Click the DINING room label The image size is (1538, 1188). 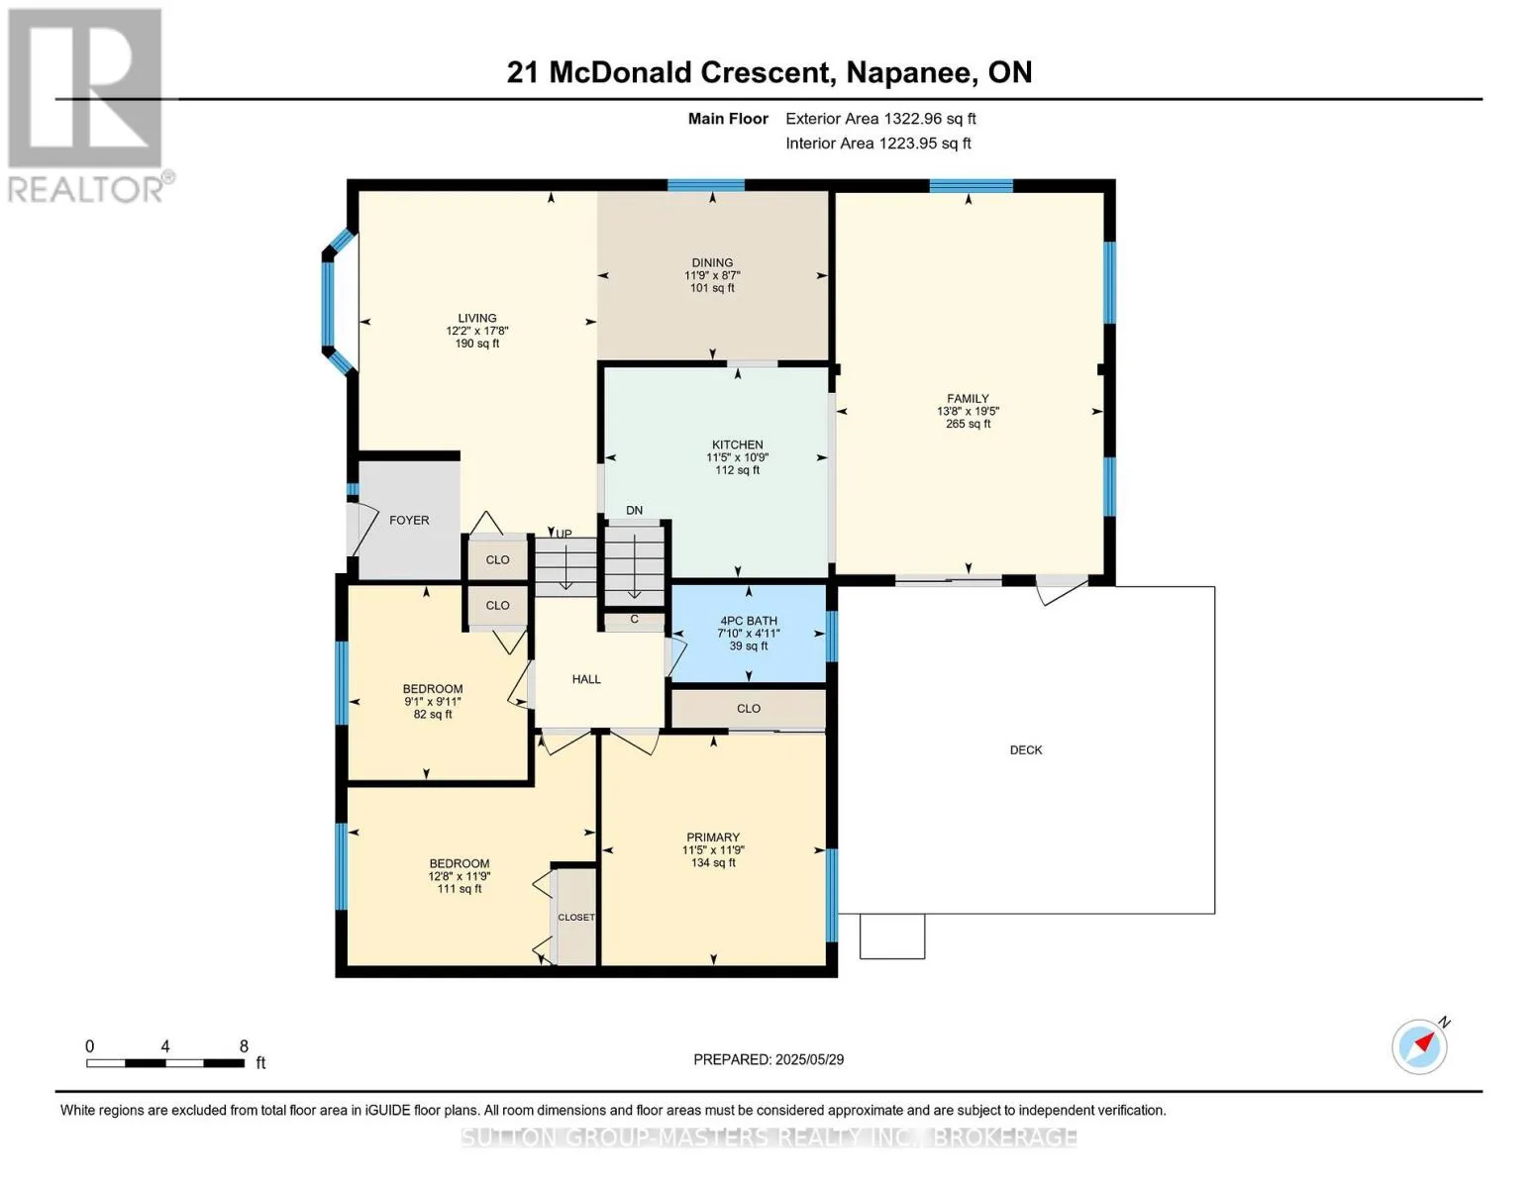[712, 262]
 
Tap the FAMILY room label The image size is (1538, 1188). [968, 398]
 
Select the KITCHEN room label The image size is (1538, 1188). [738, 445]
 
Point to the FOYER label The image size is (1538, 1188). [409, 520]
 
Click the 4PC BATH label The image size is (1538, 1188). [748, 621]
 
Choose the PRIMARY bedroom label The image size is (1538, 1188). [713, 838]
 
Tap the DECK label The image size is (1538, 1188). [1026, 750]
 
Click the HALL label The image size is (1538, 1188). [586, 679]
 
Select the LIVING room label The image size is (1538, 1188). [477, 319]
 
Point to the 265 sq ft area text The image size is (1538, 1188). [968, 424]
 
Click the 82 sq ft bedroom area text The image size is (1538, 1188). [433, 715]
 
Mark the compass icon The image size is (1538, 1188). [1420, 1047]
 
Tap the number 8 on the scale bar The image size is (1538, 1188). [244, 1045]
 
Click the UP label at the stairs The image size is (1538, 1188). [564, 534]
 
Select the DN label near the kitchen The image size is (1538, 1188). [634, 510]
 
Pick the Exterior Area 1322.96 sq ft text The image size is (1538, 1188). [880, 119]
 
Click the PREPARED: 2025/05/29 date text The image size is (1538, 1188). [769, 1059]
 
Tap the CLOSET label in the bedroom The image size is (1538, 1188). [576, 917]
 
